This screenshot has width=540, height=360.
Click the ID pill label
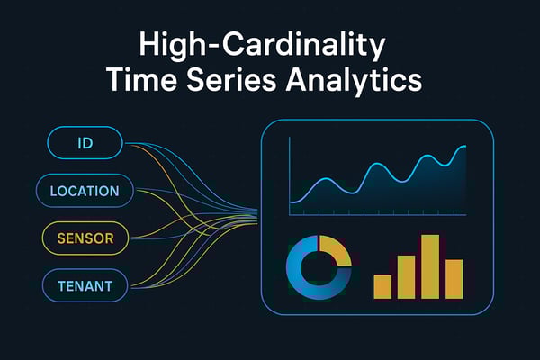86,142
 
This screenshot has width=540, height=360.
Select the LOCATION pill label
85,191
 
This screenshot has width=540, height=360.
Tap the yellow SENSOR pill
85,238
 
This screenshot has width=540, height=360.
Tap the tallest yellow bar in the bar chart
430,266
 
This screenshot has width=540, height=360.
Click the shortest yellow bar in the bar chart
383,286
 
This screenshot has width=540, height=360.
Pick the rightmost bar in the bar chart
454,279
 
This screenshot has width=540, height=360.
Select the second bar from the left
407,276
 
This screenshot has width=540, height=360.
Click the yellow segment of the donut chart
335,254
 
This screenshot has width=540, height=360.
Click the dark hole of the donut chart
318,267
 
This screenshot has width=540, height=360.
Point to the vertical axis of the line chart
290,175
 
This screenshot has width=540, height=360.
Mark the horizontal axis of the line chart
378,214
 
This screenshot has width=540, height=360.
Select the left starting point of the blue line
292,202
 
